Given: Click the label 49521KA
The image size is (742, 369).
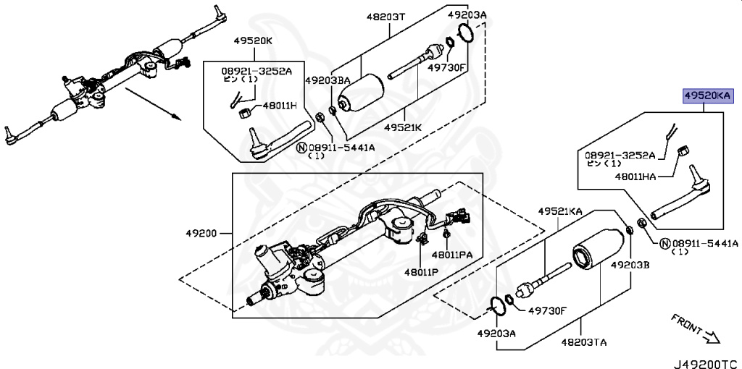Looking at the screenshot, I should click(x=559, y=211).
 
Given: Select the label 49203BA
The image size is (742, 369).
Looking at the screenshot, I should click(x=328, y=80).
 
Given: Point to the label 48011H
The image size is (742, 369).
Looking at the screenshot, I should click(x=279, y=106).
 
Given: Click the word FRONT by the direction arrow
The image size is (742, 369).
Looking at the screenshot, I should click(x=687, y=323).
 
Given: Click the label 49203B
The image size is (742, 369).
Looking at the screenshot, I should click(x=630, y=266).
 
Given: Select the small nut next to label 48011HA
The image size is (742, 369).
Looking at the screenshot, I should click(x=681, y=150).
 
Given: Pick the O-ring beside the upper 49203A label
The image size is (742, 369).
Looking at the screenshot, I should click(x=467, y=33).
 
